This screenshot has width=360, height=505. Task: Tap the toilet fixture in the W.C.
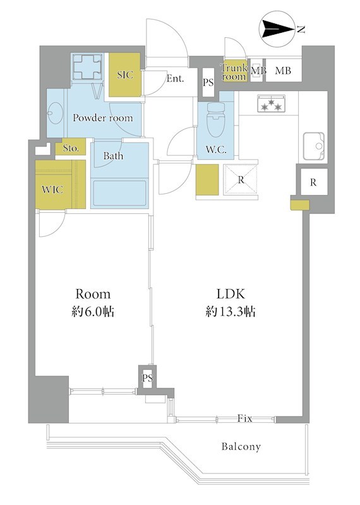tap(216, 120)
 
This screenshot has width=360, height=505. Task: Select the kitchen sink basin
tap(314, 146)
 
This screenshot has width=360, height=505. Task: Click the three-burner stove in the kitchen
tap(271, 104)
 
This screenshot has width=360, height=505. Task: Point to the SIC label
tap(124, 75)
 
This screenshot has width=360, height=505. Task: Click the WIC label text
tap(52, 189)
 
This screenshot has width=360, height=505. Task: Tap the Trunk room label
tap(234, 72)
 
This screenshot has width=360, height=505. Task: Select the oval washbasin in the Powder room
tap(55, 113)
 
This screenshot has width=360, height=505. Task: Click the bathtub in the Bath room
tap(119, 193)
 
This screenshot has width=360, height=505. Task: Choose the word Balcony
tap(241, 447)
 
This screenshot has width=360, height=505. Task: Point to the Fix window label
tap(244, 418)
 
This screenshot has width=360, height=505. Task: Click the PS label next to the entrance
tap(208, 83)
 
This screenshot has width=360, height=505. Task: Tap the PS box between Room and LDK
tap(147, 377)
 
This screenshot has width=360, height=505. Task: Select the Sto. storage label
tap(71, 148)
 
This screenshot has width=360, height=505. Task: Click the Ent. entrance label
tap(175, 78)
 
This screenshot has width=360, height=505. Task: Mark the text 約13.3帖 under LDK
tap(231, 311)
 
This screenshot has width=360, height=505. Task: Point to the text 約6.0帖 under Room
tap(93, 311)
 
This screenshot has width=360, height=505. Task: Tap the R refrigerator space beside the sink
tap(313, 182)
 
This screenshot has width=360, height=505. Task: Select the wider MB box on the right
tap(283, 70)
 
